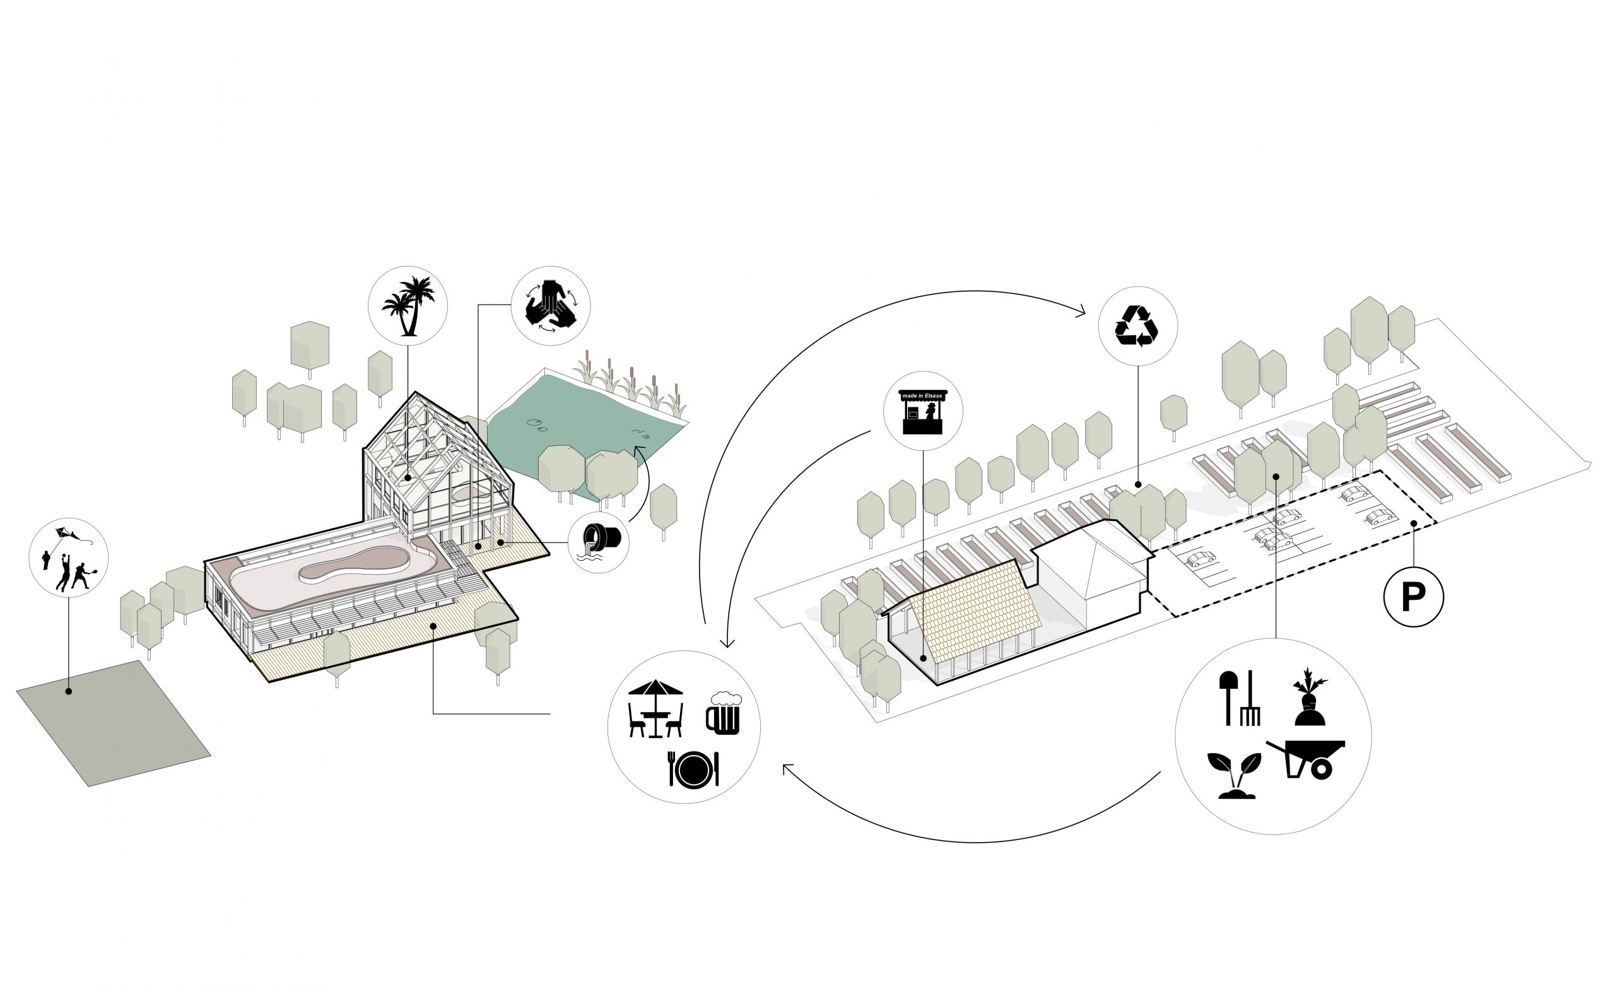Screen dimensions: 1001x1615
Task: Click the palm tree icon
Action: pyautogui.click(x=409, y=306)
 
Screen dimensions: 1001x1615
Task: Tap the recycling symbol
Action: pyautogui.click(x=1137, y=325)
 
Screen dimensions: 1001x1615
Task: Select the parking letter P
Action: pyautogui.click(x=1413, y=597)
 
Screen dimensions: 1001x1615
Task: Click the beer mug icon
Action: pyautogui.click(x=723, y=712)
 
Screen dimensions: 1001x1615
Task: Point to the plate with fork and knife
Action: pyautogui.click(x=693, y=769)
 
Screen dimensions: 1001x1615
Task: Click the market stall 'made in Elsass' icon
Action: pyautogui.click(x=922, y=411)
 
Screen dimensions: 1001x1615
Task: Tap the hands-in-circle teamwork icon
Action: pyautogui.click(x=550, y=305)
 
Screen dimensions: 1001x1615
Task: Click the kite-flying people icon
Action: pyautogui.click(x=68, y=558)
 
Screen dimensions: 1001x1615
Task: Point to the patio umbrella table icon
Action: pyautogui.click(x=655, y=707)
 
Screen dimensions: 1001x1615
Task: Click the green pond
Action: pyautogui.click(x=583, y=417)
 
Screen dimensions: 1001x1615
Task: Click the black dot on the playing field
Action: pyautogui.click(x=68, y=691)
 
